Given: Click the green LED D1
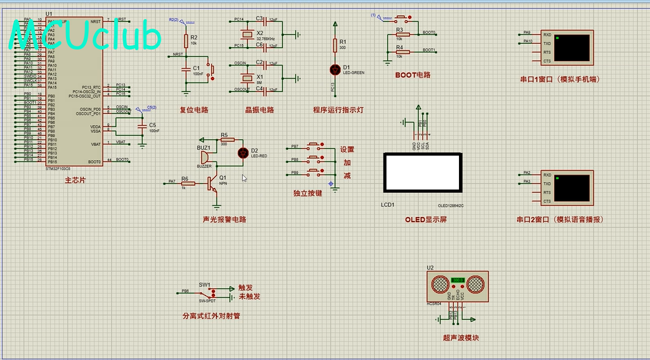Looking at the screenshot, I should [335, 68].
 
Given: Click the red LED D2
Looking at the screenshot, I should [242, 152].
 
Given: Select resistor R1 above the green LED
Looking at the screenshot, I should [335, 45].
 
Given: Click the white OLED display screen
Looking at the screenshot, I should [422, 172].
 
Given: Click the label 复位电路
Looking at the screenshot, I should [194, 109].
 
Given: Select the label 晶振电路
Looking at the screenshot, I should [260, 109].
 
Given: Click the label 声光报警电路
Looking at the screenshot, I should [224, 220].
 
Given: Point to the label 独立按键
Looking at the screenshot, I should [307, 193].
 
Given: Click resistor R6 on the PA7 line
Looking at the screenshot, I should [188, 182].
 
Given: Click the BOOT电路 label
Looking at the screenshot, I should [413, 75].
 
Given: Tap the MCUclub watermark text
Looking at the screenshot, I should [86, 37].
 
